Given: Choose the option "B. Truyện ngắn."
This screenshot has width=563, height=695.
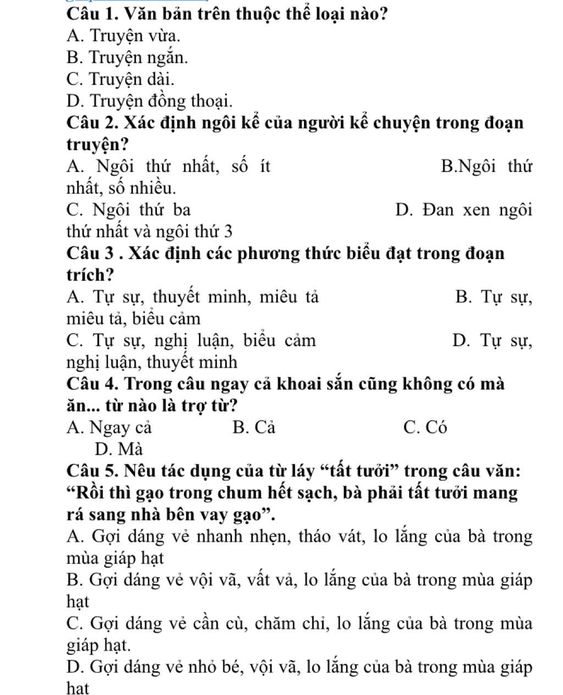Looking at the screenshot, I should coord(127,57).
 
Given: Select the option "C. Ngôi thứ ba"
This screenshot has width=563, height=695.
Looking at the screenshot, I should coord(129,209).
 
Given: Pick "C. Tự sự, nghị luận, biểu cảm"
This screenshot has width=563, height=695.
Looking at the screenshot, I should coord(191,341).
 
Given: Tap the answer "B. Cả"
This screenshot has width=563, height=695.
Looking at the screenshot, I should coord(253,427).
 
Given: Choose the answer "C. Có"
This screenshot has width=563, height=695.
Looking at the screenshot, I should coord(425,427).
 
